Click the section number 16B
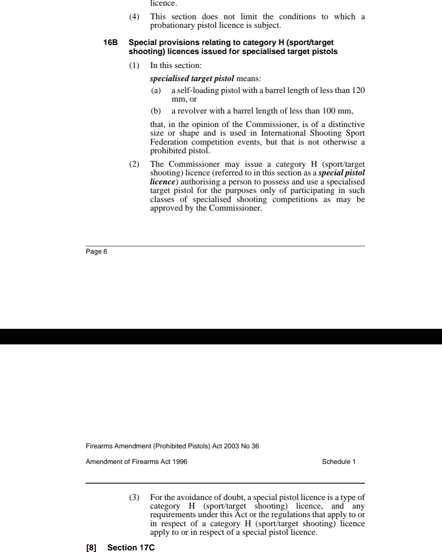coord(110,43)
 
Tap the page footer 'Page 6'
coord(96,251)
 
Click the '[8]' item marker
coord(91,547)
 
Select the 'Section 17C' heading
coord(131,547)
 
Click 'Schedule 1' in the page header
coord(338,462)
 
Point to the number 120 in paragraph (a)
coord(358,90)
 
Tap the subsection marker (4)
coord(134,17)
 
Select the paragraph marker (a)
coord(156,90)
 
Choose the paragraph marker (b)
coord(156,111)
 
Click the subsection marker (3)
coord(134,497)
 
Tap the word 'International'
coord(284,133)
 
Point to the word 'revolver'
coord(192,111)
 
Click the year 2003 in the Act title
coord(231,446)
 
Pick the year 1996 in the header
coord(180,462)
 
